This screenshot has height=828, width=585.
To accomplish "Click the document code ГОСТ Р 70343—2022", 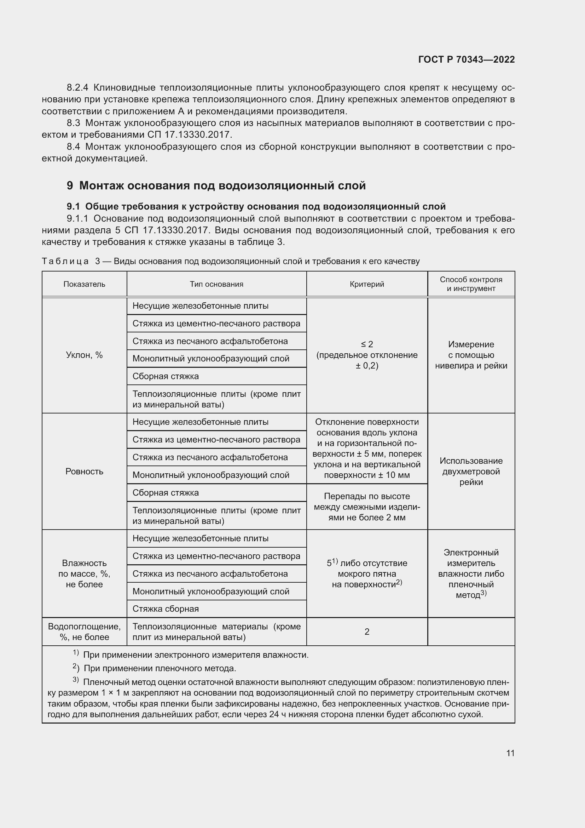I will point(466,59).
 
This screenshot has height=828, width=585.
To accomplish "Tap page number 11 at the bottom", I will point(510,753).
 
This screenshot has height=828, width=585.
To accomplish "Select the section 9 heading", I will point(216,185).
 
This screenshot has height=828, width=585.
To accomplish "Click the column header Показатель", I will point(84,284).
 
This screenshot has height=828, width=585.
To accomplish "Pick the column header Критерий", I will point(367,284).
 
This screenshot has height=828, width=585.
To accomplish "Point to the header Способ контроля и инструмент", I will point(471,284).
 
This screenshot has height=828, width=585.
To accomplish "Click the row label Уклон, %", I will point(84,355).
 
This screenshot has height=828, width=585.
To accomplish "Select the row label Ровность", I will point(84,471).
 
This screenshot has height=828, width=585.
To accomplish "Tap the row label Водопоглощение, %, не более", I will point(84,632).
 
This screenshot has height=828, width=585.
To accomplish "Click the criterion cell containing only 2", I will point(367,632).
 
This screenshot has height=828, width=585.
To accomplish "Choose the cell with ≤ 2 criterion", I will point(367,355).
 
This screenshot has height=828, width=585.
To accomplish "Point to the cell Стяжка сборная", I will point(166,609).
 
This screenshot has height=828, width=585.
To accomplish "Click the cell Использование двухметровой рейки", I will point(471,471).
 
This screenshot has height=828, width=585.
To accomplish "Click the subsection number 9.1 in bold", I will point(73,207).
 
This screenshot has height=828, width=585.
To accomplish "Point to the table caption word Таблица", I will point(65,262).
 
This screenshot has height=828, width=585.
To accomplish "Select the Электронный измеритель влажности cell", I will point(471,574).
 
